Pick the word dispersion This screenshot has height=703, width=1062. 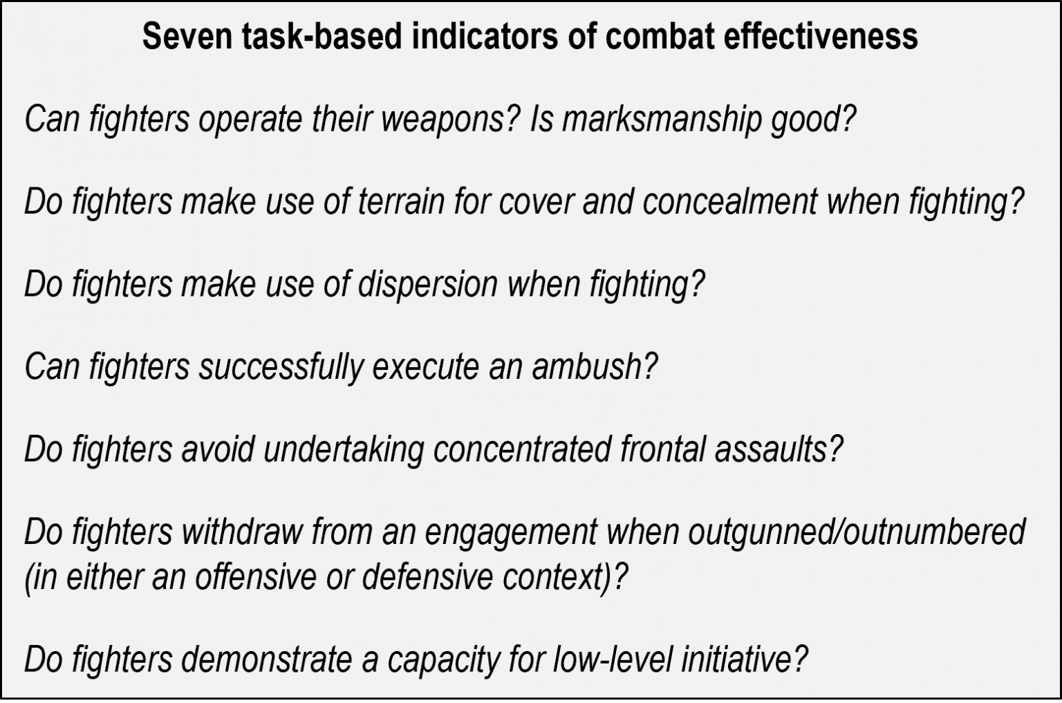click(427, 284)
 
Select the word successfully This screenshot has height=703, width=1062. click(281, 366)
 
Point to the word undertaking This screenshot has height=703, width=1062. click(344, 449)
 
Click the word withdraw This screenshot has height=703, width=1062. click(242, 532)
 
